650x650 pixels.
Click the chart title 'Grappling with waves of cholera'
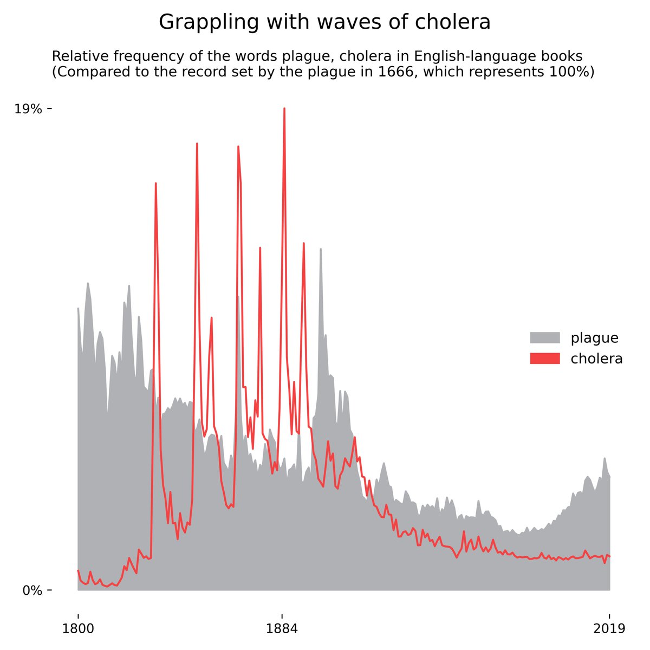pyautogui.click(x=324, y=22)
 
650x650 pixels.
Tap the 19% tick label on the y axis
pyautogui.click(x=28, y=109)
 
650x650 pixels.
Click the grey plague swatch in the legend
pyautogui.click(x=544, y=338)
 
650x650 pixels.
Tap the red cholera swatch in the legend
pyautogui.click(x=544, y=359)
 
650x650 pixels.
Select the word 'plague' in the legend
pyautogui.click(x=594, y=338)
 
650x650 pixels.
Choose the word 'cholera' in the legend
pyautogui.click(x=596, y=359)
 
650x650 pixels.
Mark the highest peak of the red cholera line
pyautogui.click(x=284, y=109)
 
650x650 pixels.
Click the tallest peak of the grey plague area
pyautogui.click(x=321, y=249)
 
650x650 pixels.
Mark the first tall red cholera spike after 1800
pyautogui.click(x=155, y=184)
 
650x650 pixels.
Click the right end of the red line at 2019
pyautogui.click(x=609, y=556)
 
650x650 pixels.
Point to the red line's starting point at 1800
pyautogui.click(x=78, y=570)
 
